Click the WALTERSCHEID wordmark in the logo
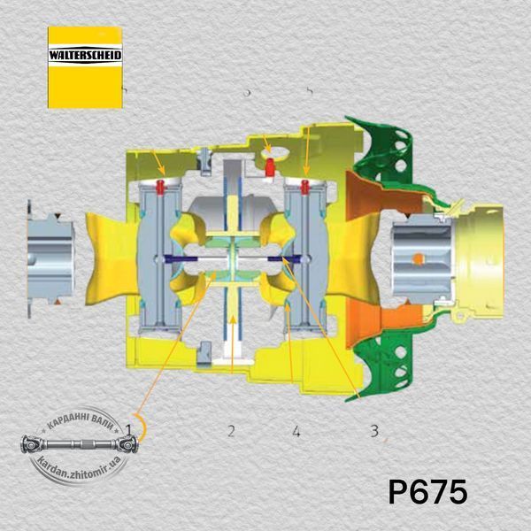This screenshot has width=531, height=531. pyautogui.click(x=85, y=55)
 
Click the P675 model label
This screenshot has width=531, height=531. pyautogui.click(x=427, y=491)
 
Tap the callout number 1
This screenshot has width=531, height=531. pyautogui.click(x=128, y=429)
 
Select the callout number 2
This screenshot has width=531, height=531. pyautogui.click(x=231, y=431)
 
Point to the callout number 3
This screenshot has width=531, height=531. pyautogui.click(x=374, y=431)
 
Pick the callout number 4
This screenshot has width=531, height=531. pyautogui.click(x=296, y=431)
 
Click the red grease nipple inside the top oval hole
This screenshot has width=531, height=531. pyautogui.click(x=270, y=167)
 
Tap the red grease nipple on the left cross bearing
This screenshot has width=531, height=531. pyautogui.click(x=160, y=188)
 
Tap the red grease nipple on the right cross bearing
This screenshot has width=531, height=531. pyautogui.click(x=304, y=188)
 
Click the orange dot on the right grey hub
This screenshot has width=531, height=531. pyautogui.click(x=419, y=258)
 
